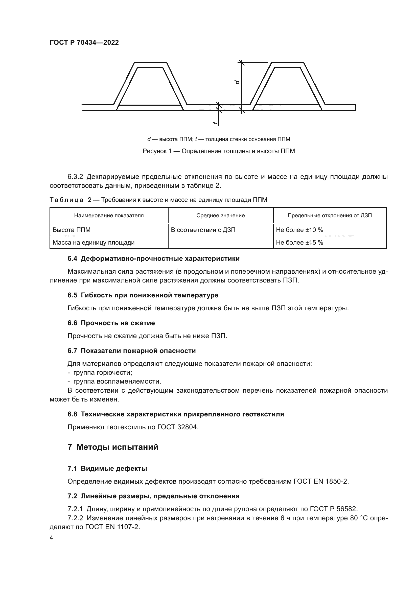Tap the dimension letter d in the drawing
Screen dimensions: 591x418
(x=237, y=82)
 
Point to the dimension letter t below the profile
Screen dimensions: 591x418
(x=215, y=123)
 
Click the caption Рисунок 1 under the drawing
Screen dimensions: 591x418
(x=219, y=151)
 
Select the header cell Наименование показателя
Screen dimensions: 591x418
(x=109, y=216)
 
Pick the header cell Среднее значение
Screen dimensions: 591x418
(x=220, y=216)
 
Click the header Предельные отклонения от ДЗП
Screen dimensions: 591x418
(x=330, y=216)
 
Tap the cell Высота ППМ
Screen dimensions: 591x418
(x=72, y=230)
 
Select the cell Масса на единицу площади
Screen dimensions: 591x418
(x=94, y=243)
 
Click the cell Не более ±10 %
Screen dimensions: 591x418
(x=299, y=230)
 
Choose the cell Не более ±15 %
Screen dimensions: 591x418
(x=299, y=243)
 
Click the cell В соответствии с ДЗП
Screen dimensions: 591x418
(x=203, y=230)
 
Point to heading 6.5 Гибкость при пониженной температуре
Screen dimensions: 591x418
(x=143, y=295)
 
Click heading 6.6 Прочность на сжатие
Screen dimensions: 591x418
(x=111, y=323)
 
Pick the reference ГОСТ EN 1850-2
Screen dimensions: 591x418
(x=321, y=482)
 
